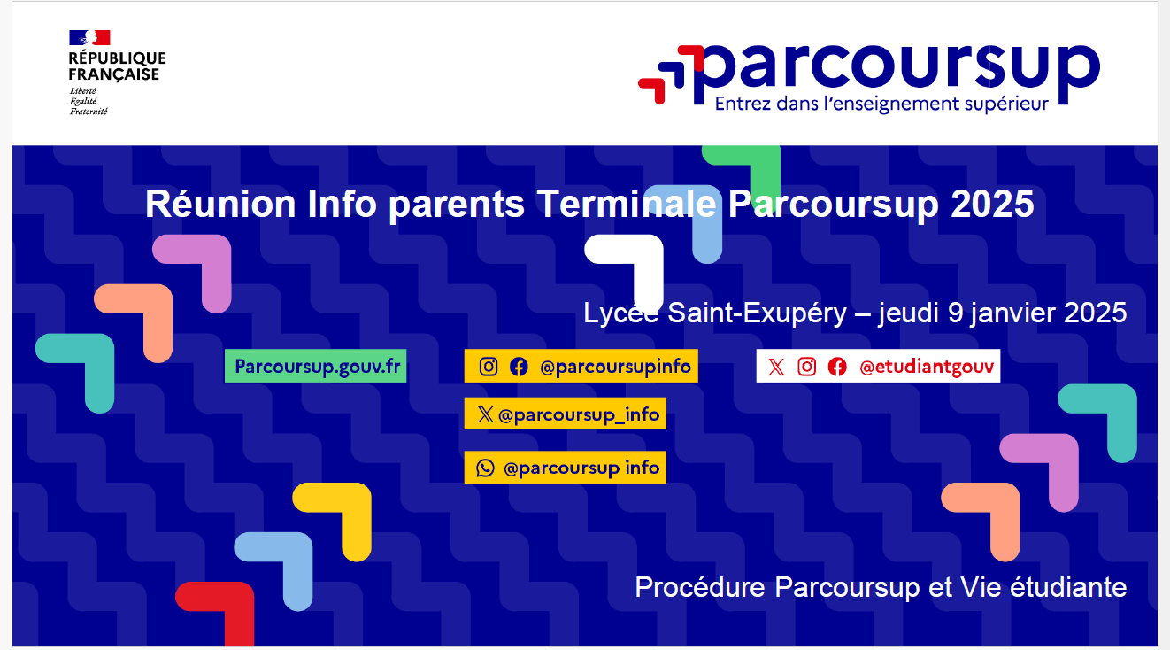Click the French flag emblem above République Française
tap(89, 37)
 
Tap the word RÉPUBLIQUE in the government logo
tap(117, 58)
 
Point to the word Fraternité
tap(89, 112)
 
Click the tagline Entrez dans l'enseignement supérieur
tap(881, 104)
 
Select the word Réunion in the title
tap(220, 204)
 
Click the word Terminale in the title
tap(626, 204)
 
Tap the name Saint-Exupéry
tap(757, 313)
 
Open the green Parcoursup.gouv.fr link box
tap(315, 366)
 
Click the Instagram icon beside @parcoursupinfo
tap(489, 367)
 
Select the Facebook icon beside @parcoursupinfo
tap(519, 367)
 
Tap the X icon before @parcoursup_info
tap(485, 414)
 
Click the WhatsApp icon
tap(485, 468)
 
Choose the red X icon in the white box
tap(776, 367)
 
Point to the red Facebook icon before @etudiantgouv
tap(837, 367)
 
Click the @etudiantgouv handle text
tap(927, 367)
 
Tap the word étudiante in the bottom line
tap(1068, 587)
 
